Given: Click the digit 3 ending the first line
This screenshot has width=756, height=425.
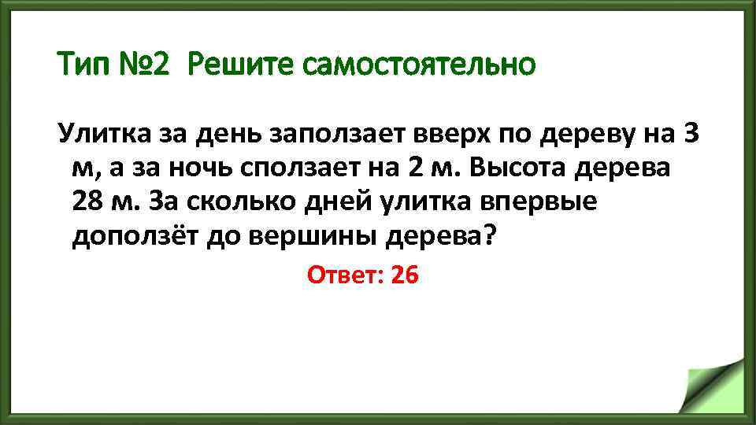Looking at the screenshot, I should [691, 135].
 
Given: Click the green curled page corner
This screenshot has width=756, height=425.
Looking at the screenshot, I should [713, 386].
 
